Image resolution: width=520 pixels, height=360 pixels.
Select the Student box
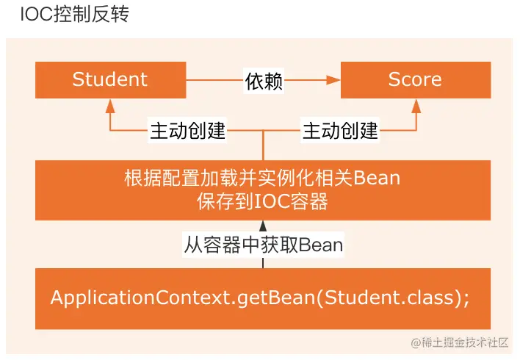110,79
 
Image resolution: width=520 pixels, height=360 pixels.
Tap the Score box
415,79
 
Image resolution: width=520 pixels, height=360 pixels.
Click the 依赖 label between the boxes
263,80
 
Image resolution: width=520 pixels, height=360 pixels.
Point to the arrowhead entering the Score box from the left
335,79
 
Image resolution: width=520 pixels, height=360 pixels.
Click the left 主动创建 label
187,131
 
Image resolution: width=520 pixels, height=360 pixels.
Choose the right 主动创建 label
340,131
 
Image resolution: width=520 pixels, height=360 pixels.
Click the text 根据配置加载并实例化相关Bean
262,179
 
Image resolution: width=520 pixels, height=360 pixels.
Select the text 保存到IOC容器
262,201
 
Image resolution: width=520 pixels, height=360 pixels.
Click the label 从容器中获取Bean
263,244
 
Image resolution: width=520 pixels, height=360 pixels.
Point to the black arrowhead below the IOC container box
263,225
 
